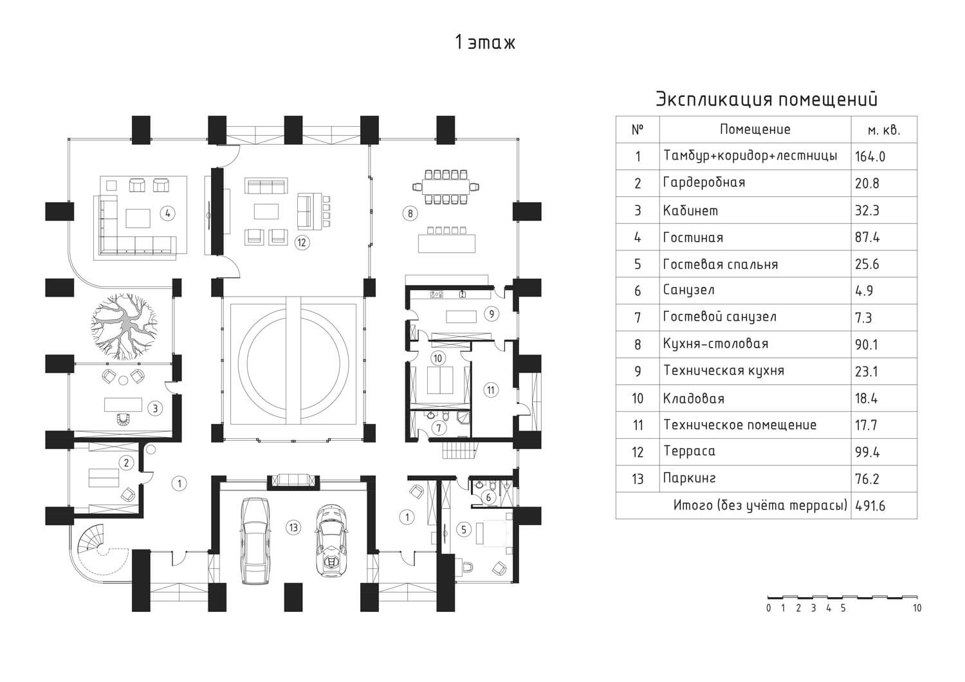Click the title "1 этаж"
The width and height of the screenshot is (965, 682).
coord(484,43)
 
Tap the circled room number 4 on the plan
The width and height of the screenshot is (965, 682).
coord(167,213)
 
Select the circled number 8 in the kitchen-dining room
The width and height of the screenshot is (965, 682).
coord(410,213)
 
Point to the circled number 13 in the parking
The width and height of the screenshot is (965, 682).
coord(293,528)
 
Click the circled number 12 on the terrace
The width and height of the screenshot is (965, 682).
coord(301,242)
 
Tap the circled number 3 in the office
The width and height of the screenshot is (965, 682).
coord(154,408)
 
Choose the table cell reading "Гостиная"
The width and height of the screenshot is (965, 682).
coord(693,237)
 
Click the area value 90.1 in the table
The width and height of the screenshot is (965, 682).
coord(867,345)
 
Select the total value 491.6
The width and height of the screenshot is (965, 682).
coord(870,506)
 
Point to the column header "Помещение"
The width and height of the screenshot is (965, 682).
coord(755,129)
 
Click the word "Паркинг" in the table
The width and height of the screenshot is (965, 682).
coord(689,479)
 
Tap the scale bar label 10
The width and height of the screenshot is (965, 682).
coord(917,608)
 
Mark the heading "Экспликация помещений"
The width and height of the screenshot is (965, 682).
coord(766,100)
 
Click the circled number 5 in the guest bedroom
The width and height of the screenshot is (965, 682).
coord(463,530)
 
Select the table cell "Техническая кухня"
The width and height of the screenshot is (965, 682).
coord(723,371)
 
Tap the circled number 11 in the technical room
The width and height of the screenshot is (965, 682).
coord(491,389)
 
